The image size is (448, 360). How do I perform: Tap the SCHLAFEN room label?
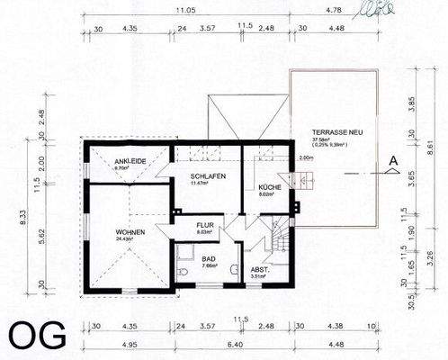coord(208,175)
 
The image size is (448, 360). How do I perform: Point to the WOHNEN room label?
coord(130,232)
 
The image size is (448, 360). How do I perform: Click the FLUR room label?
coord(205,226)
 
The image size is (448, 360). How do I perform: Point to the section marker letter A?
coord(392,162)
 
